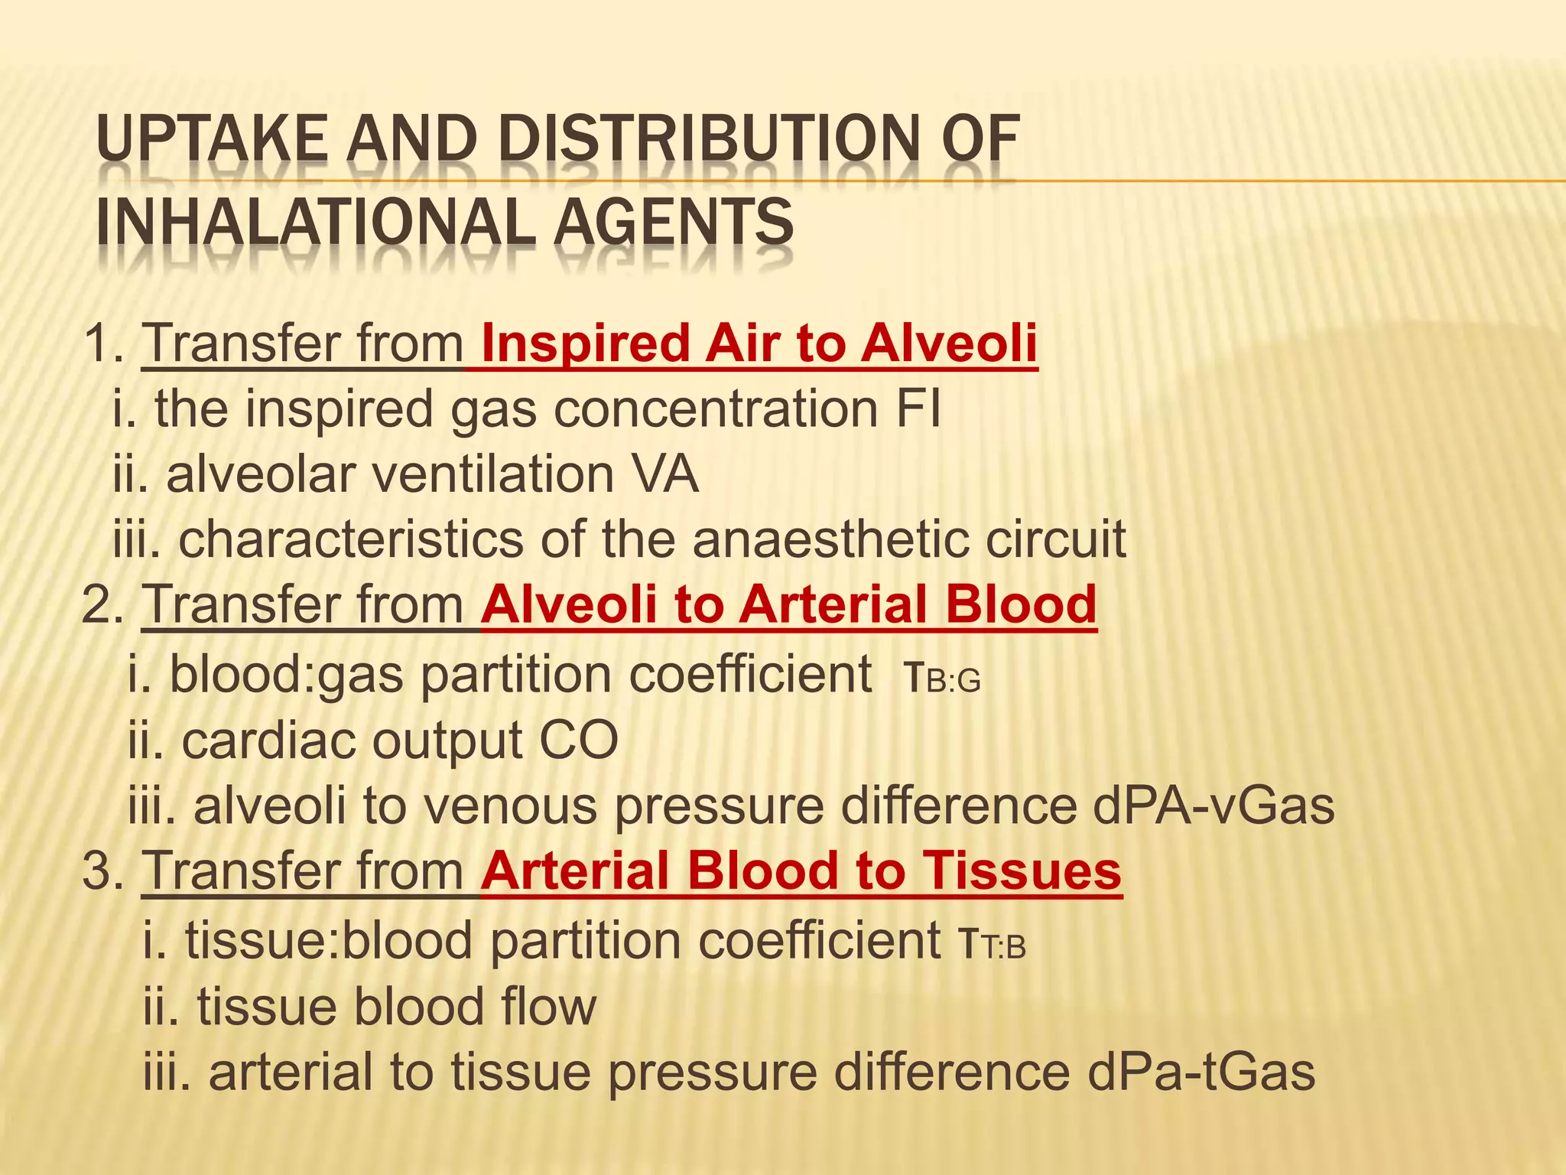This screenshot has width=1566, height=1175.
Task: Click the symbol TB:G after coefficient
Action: coord(941,678)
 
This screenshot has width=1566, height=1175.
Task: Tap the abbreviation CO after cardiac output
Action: coord(579,740)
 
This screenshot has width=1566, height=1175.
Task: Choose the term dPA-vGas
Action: coord(1213,806)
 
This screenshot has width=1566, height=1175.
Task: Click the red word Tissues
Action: coord(1022,871)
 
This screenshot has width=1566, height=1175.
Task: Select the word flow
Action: coord(547,1007)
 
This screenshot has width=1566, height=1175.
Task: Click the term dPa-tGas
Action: coord(1200,1072)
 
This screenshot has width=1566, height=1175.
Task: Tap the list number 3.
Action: coord(99,871)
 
